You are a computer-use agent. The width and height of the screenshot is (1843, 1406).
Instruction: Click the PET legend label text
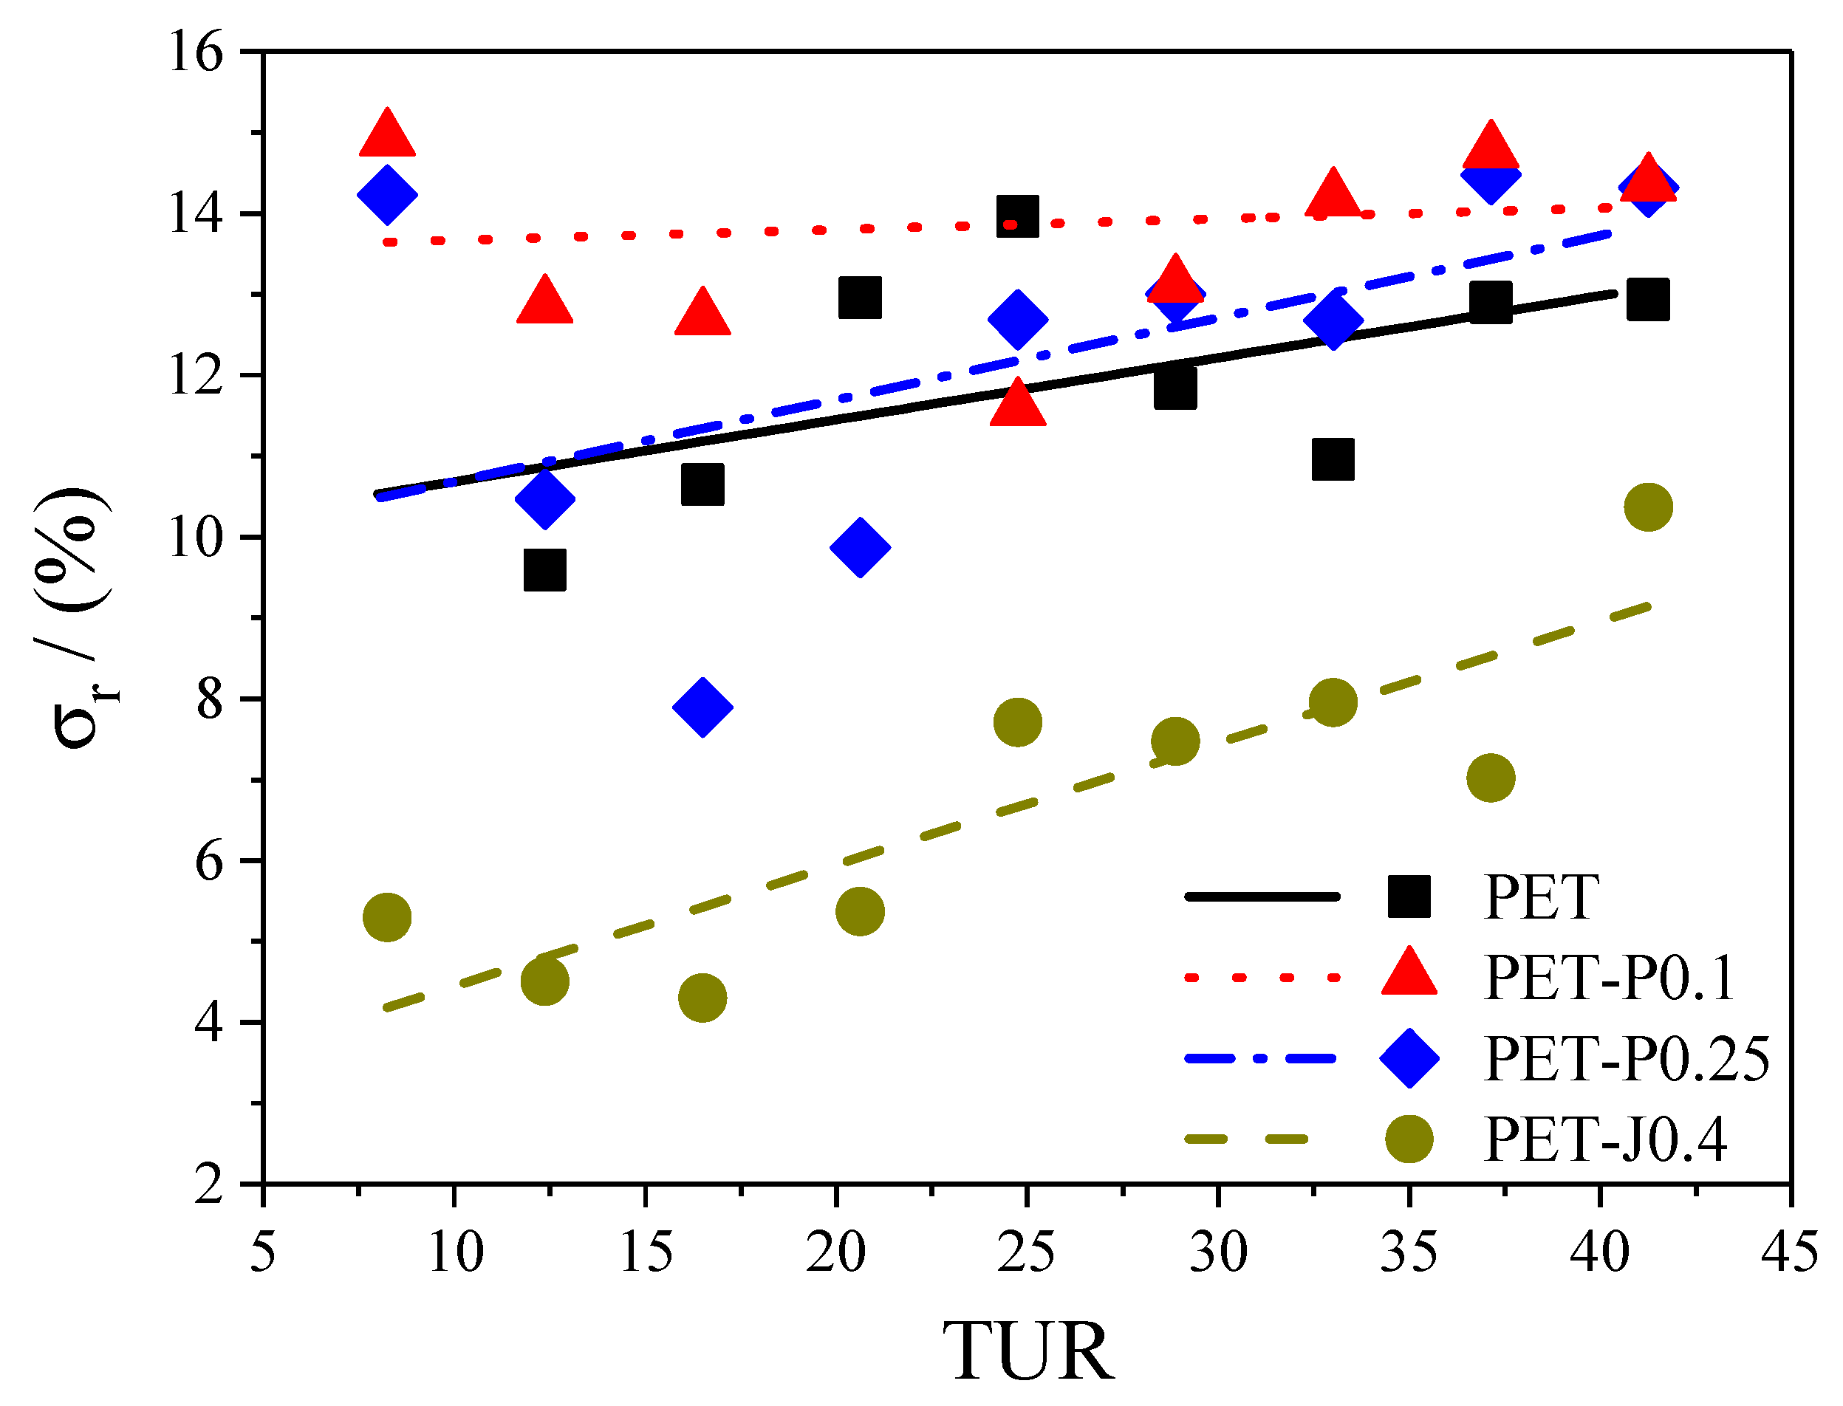[1540, 897]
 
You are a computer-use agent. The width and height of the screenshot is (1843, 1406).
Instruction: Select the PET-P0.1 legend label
[1607, 978]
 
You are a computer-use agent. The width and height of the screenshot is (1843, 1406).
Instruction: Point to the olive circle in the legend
[1409, 1139]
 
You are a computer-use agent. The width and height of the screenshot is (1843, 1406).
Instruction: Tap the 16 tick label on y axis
[196, 52]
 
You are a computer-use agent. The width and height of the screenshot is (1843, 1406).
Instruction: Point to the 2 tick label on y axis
[209, 1185]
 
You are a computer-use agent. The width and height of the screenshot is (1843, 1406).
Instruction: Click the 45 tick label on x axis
[1789, 1253]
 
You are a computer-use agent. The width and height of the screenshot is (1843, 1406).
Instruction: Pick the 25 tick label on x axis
[1026, 1253]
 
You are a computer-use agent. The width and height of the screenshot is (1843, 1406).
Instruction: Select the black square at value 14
[1018, 217]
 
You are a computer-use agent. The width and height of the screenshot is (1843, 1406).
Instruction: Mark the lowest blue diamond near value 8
[702, 707]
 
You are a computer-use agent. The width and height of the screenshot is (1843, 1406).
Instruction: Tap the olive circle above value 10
[1648, 507]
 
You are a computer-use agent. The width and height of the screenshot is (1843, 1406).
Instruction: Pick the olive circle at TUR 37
[1491, 778]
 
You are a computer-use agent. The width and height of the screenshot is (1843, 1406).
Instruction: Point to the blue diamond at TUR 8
[386, 195]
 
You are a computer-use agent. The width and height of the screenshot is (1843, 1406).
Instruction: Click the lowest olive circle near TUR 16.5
[702, 998]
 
